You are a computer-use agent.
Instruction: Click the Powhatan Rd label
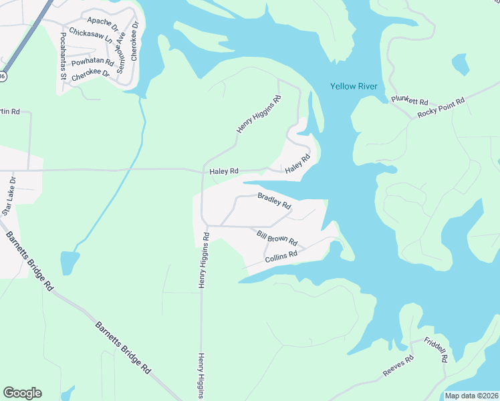click(93, 61)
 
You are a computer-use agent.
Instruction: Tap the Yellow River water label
click(354, 86)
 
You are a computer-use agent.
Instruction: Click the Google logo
click(22, 393)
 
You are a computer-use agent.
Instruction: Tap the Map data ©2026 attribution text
click(471, 396)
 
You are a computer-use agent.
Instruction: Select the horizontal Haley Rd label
click(224, 172)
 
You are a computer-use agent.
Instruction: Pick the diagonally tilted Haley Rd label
click(298, 164)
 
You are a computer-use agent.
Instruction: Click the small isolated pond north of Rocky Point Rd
click(461, 64)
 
